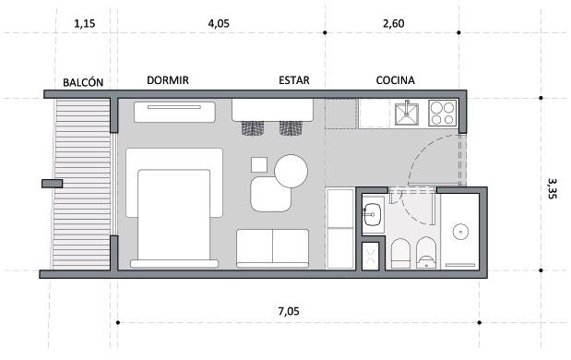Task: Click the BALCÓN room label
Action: (83, 82)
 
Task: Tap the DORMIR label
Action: (168, 80)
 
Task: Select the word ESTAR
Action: (294, 80)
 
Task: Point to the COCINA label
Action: (396, 80)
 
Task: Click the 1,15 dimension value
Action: (85, 24)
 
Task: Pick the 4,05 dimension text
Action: (219, 24)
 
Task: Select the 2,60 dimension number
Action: (394, 24)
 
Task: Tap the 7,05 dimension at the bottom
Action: (289, 312)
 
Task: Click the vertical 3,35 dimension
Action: (552, 188)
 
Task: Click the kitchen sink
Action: (407, 114)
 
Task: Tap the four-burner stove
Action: (443, 114)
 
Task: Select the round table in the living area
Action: (291, 172)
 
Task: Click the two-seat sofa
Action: (273, 248)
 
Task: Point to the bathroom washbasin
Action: (372, 214)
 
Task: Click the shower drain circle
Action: (460, 232)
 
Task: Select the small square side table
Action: (259, 164)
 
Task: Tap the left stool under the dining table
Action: (253, 128)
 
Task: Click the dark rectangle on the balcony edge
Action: (52, 184)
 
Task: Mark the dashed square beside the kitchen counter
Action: (341, 114)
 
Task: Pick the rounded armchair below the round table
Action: (271, 194)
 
